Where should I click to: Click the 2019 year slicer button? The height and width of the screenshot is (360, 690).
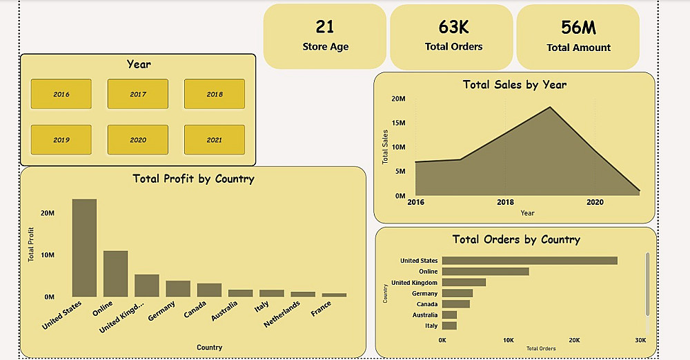tap(61, 140)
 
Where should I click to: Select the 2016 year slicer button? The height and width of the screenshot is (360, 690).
tap(61, 94)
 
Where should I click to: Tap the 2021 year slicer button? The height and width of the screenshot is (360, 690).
tap(214, 140)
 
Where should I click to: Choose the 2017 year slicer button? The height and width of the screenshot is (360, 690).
tap(138, 94)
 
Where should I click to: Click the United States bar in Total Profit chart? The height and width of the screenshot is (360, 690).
tap(84, 248)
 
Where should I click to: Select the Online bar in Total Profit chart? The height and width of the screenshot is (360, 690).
tap(115, 274)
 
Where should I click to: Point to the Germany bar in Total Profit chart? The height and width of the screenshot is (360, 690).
tap(178, 288)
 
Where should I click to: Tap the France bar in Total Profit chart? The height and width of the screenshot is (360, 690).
tap(334, 294)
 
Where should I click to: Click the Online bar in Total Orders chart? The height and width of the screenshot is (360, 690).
tap(485, 272)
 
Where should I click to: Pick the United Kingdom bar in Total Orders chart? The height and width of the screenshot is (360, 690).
tap(464, 283)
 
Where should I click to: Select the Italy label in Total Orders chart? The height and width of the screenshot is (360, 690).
tap(431, 326)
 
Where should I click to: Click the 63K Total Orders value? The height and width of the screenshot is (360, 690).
tap(453, 27)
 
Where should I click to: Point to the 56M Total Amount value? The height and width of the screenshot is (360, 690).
tap(578, 27)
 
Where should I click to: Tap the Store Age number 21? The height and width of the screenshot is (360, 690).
tap(325, 27)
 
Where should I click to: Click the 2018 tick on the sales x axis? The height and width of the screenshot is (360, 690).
tap(505, 202)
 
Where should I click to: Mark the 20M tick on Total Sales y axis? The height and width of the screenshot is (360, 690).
tap(398, 99)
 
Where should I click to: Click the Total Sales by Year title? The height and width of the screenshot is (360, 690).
tap(514, 85)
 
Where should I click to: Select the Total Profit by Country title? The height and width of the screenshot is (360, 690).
tap(193, 179)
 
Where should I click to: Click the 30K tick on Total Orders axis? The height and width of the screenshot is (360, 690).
tap(640, 340)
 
